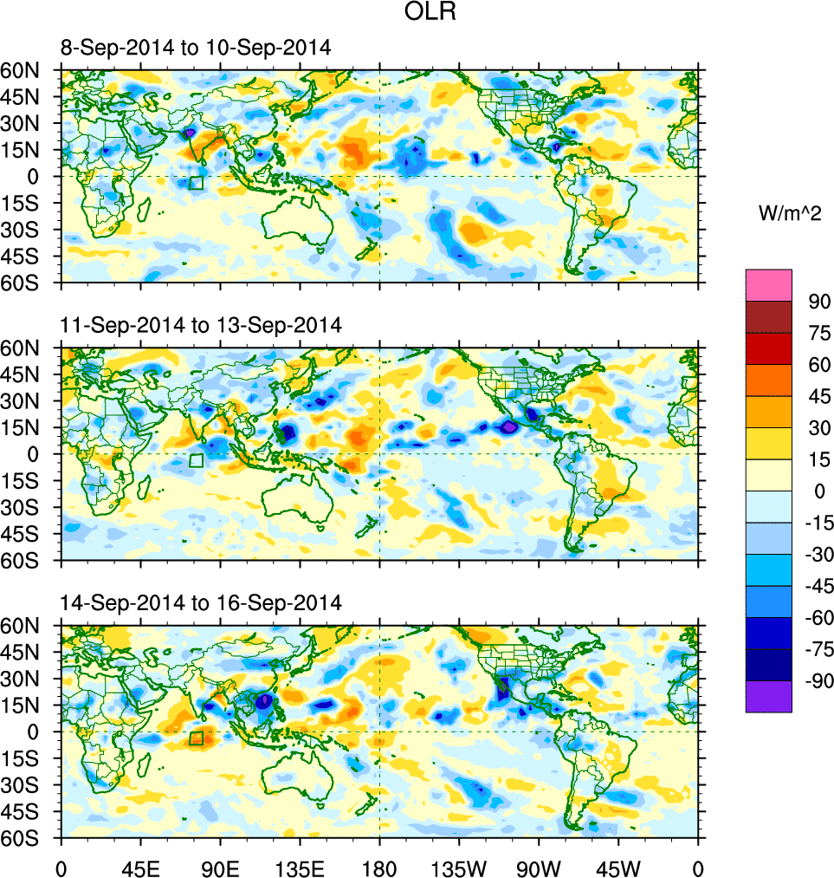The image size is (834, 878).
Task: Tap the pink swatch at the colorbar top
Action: pos(768,284)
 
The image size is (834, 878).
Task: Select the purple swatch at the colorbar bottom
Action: pos(768,696)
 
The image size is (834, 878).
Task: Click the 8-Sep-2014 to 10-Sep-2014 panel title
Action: pos(196,48)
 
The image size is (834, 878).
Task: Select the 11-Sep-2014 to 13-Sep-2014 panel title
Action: pos(201,325)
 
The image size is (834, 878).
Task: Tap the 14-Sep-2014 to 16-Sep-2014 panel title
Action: pos(201,602)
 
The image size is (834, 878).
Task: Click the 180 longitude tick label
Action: pos(379,867)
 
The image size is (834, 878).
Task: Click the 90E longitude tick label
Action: pos(219,867)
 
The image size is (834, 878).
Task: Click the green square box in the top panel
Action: pos(196,183)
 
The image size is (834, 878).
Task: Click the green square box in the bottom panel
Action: pos(196,738)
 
